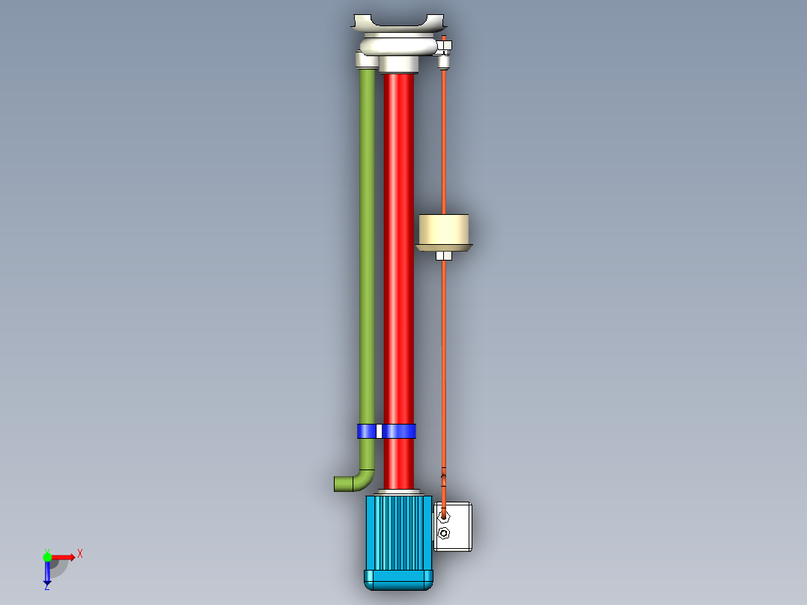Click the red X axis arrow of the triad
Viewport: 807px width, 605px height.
(x=63, y=556)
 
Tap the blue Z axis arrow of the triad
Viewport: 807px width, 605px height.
(x=47, y=574)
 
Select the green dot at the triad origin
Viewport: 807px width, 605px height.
(x=47, y=556)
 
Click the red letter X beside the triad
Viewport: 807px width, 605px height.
(x=79, y=553)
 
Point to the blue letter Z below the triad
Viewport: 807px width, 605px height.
(x=46, y=587)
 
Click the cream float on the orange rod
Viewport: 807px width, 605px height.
(x=444, y=231)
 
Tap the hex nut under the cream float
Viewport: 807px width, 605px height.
(x=444, y=256)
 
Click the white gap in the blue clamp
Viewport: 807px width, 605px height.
(x=379, y=431)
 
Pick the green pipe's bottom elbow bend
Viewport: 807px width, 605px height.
(x=364, y=479)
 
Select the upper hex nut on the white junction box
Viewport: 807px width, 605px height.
(x=444, y=515)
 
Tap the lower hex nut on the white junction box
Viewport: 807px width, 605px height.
(x=444, y=533)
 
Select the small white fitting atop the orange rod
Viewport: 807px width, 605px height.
(x=445, y=49)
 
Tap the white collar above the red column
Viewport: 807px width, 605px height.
(x=398, y=66)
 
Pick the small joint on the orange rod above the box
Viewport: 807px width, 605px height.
(x=444, y=474)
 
